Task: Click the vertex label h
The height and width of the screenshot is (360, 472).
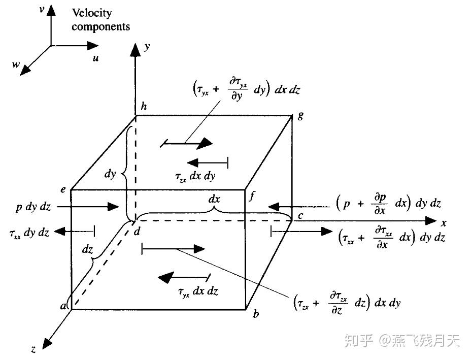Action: (x=144, y=107)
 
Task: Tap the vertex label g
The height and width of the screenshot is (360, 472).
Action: (x=300, y=115)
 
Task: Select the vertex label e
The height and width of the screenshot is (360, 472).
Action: (x=63, y=189)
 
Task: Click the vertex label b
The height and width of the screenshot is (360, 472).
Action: (x=256, y=314)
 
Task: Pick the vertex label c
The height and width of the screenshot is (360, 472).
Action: (x=300, y=216)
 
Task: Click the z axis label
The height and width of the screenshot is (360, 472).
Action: (x=33, y=349)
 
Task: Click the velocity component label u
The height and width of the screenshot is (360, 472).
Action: (x=95, y=58)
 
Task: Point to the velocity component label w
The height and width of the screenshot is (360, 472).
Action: (x=16, y=65)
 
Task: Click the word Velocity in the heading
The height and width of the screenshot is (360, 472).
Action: (x=92, y=13)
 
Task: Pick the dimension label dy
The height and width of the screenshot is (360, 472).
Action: (x=110, y=174)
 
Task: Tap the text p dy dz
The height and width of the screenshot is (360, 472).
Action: (x=33, y=207)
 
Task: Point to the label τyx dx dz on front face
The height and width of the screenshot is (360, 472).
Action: (x=198, y=291)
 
